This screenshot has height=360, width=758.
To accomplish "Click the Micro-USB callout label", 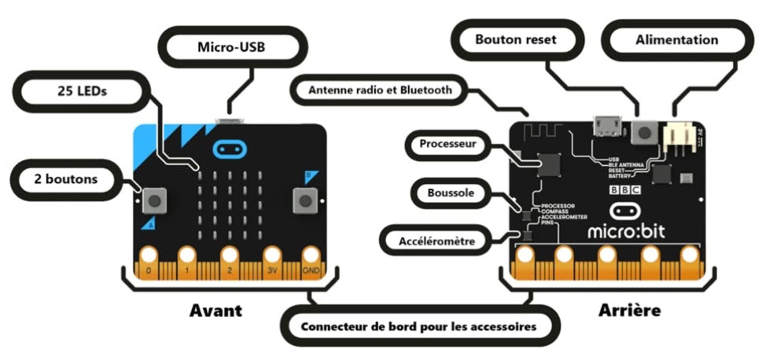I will point(231,46).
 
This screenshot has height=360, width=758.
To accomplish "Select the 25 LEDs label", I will point(81,91).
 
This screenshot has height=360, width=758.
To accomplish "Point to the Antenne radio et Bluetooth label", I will point(381,90).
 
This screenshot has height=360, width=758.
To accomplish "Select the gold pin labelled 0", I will point(145,259).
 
